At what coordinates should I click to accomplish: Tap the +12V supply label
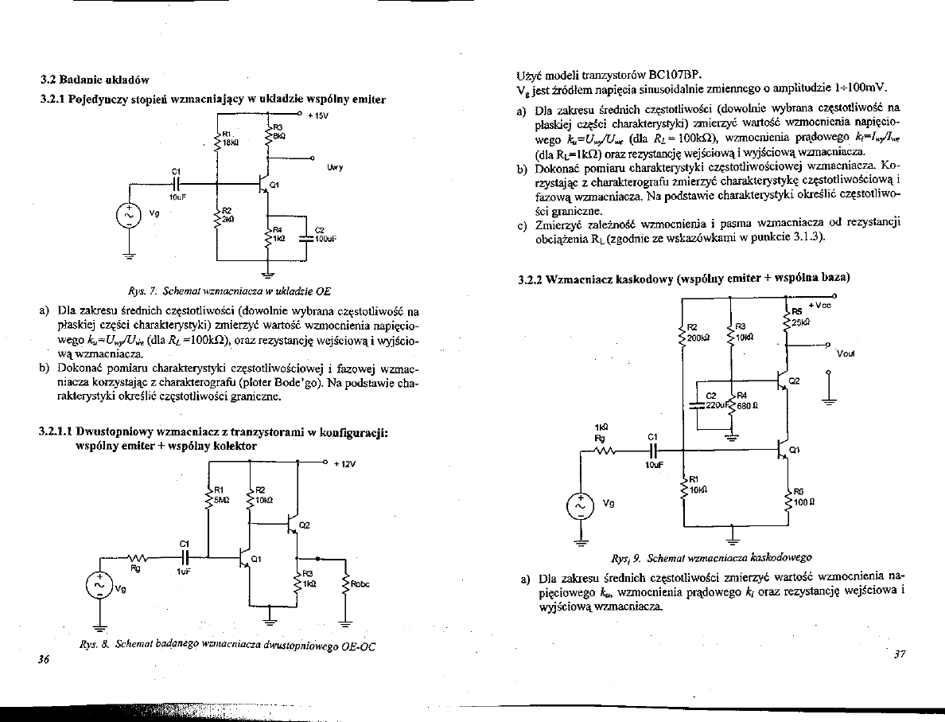tap(343, 464)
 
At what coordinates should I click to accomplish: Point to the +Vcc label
tap(819, 305)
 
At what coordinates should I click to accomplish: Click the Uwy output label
tap(334, 169)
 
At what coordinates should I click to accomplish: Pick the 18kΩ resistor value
tap(230, 141)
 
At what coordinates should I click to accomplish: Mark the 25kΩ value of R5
tap(799, 322)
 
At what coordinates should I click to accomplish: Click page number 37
tap(900, 654)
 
